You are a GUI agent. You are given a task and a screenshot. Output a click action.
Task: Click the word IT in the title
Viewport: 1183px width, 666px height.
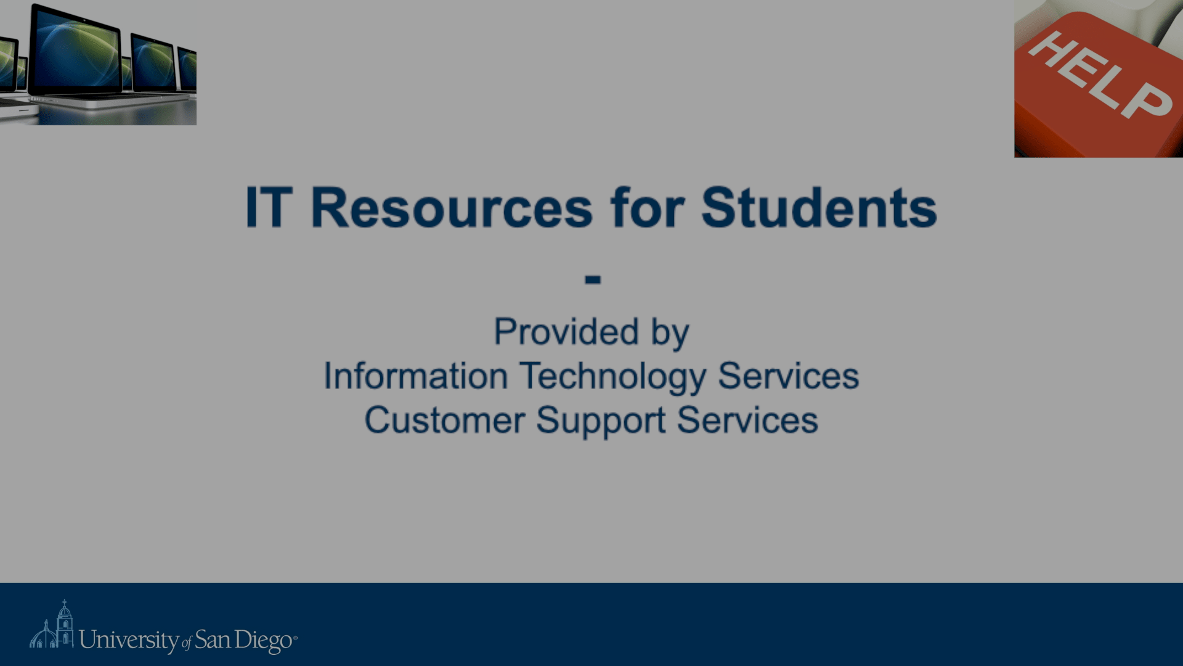click(269, 207)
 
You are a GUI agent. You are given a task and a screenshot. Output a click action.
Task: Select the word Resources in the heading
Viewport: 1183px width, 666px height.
click(452, 208)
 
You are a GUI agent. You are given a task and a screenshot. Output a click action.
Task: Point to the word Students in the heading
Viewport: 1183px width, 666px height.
click(819, 207)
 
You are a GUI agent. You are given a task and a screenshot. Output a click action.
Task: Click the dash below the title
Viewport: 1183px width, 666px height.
click(593, 280)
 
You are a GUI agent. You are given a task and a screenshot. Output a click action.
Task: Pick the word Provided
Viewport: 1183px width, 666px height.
click(566, 332)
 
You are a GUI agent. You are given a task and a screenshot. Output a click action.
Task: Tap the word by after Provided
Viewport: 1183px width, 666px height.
click(670, 334)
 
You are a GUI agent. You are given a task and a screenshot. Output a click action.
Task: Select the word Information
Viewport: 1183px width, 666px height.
click(416, 376)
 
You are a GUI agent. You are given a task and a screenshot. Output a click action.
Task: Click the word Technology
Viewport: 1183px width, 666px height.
click(613, 377)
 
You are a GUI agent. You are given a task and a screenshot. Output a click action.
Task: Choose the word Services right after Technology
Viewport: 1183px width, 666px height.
click(789, 376)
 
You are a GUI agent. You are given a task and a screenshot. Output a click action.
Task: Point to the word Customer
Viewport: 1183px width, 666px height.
click(445, 421)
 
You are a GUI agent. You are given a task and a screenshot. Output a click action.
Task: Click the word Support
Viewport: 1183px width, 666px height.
click(601, 422)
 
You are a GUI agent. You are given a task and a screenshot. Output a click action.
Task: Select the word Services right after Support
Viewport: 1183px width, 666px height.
click(747, 421)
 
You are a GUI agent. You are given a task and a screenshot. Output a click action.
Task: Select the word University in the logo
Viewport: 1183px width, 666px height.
click(129, 641)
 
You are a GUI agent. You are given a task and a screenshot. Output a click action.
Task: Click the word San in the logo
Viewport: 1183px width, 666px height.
click(213, 640)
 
